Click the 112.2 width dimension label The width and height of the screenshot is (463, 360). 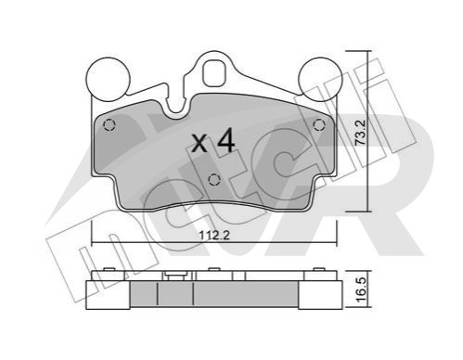[214, 236]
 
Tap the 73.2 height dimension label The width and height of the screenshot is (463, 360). [361, 133]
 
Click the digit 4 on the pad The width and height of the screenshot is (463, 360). [226, 141]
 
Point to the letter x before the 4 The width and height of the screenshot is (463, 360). [199, 144]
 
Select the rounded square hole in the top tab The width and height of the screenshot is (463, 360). [214, 72]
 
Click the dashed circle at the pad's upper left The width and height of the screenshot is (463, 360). [109, 125]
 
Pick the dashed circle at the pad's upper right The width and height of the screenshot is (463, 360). [319, 125]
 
